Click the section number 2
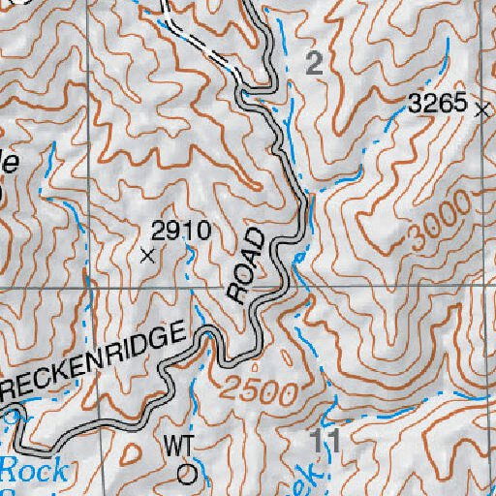[x=313, y=65]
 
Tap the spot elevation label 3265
[x=438, y=106]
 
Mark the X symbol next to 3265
[x=483, y=110]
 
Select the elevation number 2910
[x=181, y=231]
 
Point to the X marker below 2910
[x=147, y=257]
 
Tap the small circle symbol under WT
[x=187, y=475]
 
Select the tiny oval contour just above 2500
[x=255, y=367]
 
